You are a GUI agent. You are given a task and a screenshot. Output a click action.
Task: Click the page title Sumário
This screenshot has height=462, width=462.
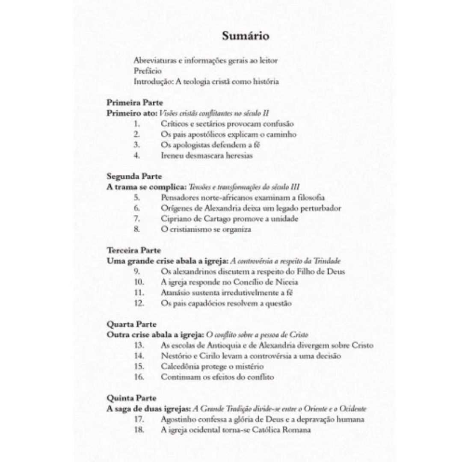point(246,36)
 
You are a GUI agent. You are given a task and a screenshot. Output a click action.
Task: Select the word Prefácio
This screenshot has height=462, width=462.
point(148,71)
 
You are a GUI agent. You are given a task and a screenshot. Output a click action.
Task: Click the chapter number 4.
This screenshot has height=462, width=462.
point(137,155)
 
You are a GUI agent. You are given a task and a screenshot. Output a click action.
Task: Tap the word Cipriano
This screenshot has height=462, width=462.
point(175,219)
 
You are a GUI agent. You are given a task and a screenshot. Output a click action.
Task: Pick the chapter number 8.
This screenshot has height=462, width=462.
point(137,229)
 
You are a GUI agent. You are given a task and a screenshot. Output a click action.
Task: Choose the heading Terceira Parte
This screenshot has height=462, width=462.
point(134,250)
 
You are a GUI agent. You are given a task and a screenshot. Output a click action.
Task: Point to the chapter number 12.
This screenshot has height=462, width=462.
point(139,303)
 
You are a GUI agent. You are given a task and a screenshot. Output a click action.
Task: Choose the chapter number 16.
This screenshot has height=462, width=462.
point(139,377)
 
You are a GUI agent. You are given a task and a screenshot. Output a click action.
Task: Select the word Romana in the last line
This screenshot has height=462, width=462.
point(296,430)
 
